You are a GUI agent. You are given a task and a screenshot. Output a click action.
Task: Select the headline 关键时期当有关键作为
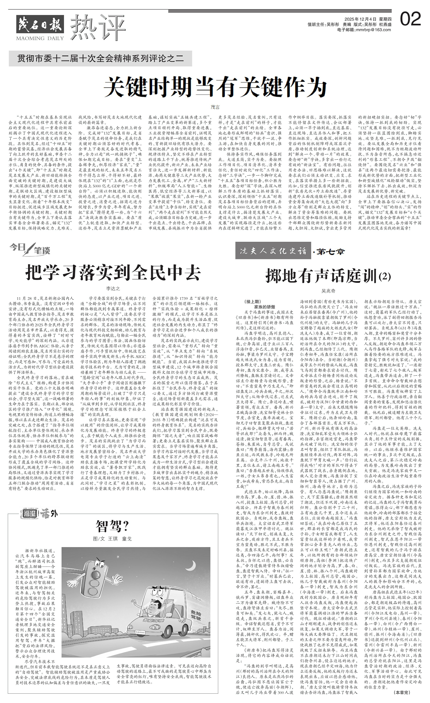coord(215,88)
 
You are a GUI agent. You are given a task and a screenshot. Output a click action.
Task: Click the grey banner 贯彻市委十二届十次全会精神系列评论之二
coord(100,59)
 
